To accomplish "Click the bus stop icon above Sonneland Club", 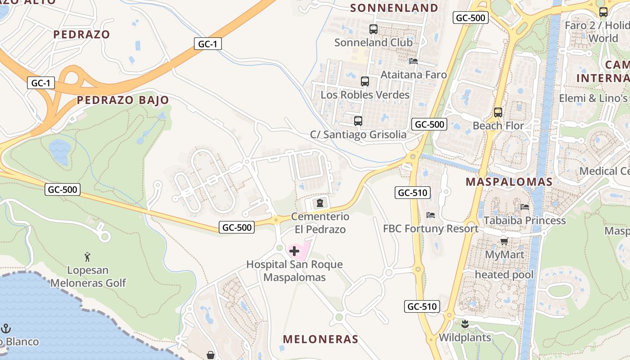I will [x=373, y=29].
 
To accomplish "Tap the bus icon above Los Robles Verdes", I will [x=365, y=81].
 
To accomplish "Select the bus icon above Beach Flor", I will [x=498, y=112].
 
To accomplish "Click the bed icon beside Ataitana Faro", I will [x=414, y=61].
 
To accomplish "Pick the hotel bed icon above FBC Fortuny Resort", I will [x=431, y=215].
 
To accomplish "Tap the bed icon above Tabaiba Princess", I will [x=525, y=207].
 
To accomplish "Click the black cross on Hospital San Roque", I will [x=295, y=251].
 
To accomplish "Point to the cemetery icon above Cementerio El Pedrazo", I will [x=320, y=203].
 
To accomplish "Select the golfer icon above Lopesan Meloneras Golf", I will [x=88, y=257].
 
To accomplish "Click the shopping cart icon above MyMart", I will [x=504, y=242].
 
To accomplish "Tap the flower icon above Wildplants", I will [x=465, y=324].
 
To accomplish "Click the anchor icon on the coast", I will [x=6, y=328].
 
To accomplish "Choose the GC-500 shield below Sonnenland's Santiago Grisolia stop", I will [x=429, y=124].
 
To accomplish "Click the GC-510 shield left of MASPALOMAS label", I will [x=413, y=193].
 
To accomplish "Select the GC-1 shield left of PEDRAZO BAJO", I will [x=41, y=83].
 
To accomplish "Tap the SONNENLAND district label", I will [x=394, y=8].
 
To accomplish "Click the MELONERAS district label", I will [x=321, y=339].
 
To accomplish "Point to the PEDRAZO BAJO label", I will [x=123, y=100].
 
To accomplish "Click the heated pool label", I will [x=504, y=274].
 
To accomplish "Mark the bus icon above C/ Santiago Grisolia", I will [x=358, y=121].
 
